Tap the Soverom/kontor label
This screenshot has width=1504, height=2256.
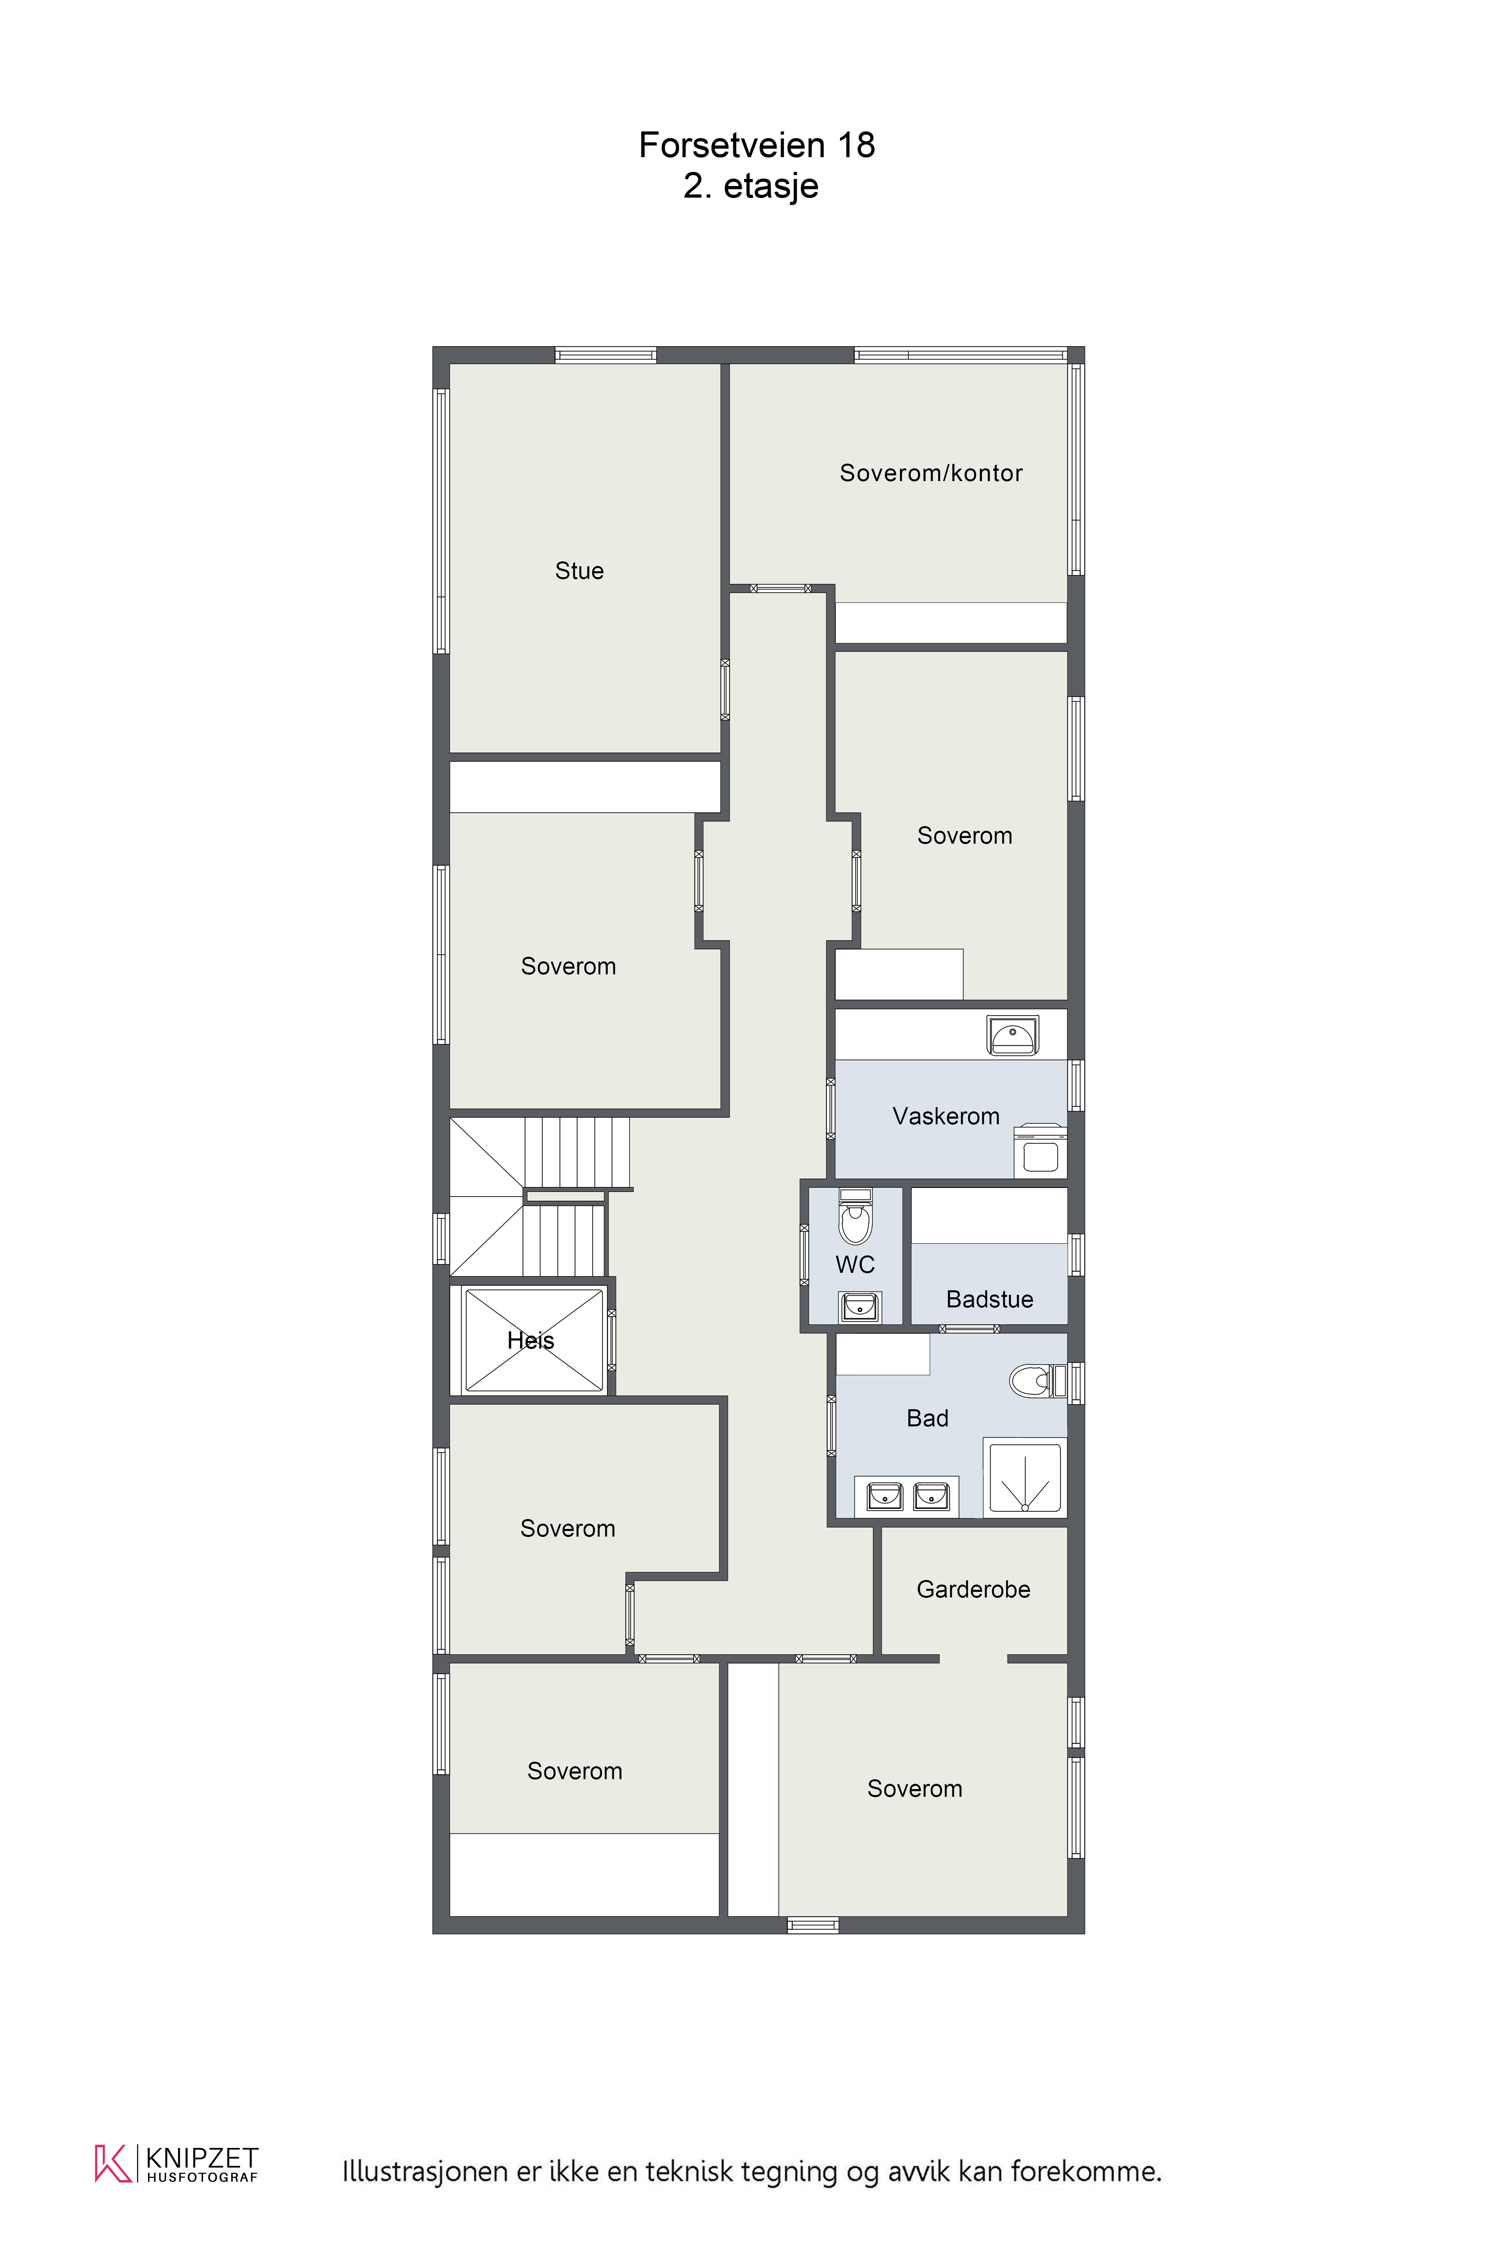click(930, 473)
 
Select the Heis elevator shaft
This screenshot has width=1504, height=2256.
click(533, 1340)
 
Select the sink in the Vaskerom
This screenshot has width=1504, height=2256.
click(1013, 1036)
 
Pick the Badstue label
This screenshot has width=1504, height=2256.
click(990, 1300)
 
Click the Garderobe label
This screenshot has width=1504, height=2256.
click(974, 1589)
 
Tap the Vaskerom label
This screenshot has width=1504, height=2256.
click(946, 1117)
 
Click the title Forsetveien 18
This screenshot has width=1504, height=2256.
click(757, 145)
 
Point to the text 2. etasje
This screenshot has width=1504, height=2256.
click(751, 186)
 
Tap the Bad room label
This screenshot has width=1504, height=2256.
click(928, 1419)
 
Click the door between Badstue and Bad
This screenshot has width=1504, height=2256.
click(969, 1328)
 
